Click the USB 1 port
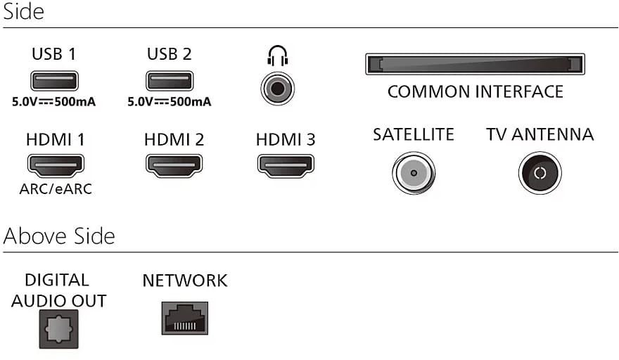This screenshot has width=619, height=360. [54, 81]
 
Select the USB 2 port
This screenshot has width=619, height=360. [170, 81]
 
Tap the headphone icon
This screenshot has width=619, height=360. [278, 56]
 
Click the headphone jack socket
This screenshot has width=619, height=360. [278, 89]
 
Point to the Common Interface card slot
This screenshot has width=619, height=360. [475, 64]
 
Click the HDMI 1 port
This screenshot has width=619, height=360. [56, 165]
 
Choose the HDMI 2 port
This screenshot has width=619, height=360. [174, 165]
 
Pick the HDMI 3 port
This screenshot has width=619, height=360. [286, 165]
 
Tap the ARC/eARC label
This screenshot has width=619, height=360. [56, 189]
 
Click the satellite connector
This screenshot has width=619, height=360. [414, 173]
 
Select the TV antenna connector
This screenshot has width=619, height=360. [540, 173]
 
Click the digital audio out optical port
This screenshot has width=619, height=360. [59, 329]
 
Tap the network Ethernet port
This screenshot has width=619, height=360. [185, 318]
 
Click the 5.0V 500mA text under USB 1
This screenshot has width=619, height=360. [53, 102]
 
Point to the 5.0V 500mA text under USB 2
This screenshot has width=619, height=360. [170, 102]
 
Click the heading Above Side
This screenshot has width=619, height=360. [59, 236]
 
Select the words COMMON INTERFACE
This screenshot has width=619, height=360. [476, 91]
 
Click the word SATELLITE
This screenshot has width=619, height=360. [414, 134]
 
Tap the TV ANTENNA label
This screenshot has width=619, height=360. [540, 134]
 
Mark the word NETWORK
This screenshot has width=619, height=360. [185, 281]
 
